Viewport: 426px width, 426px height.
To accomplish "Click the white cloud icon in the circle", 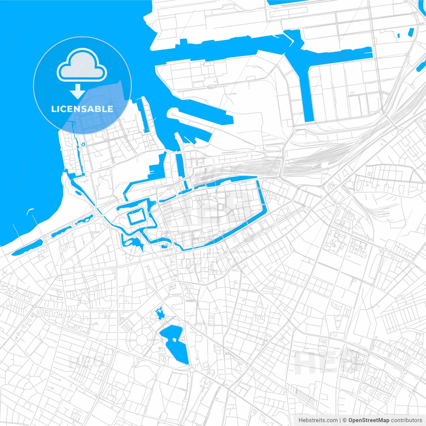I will (x=82, y=67).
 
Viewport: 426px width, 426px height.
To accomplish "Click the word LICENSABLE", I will (x=82, y=109).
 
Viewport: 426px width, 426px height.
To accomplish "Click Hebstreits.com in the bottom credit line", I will (x=318, y=420).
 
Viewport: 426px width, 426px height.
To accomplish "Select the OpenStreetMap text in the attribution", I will (x=368, y=420).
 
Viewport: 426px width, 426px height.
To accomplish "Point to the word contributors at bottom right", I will (x=406, y=420).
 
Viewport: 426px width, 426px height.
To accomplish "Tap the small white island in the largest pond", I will (x=174, y=340).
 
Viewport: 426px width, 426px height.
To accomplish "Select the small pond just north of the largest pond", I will (x=160, y=313).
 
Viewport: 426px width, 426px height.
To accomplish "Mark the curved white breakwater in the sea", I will (x=30, y=210).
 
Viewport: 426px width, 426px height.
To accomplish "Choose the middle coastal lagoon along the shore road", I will (x=62, y=232).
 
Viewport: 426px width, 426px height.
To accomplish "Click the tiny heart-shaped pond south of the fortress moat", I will (x=163, y=247).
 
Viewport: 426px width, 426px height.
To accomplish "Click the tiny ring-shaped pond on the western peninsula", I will (x=83, y=144).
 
